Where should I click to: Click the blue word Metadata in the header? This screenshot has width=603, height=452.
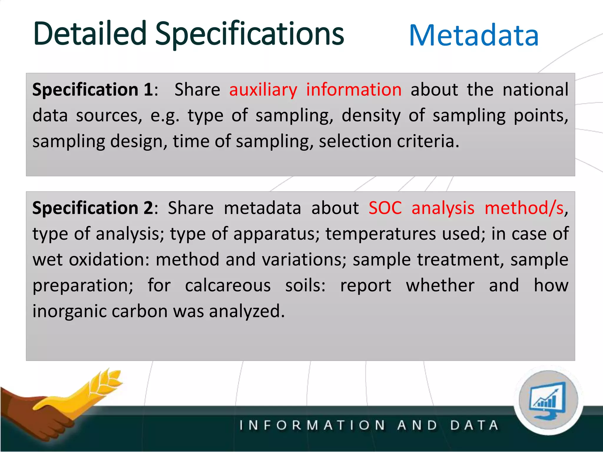pos(474,36)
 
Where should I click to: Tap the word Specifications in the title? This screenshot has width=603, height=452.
pos(249,34)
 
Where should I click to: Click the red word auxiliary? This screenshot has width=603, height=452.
pos(263,90)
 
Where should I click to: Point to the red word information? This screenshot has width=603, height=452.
pos(354,89)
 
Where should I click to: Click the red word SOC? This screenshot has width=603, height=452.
pos(385,208)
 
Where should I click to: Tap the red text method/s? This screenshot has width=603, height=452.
pos(524,208)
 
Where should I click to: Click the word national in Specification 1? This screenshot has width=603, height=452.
pos(535,89)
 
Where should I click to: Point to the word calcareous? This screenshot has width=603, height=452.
pos(228,285)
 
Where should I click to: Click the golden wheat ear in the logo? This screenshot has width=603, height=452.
pos(106,381)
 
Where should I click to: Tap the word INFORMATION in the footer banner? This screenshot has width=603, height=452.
pos(312,425)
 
